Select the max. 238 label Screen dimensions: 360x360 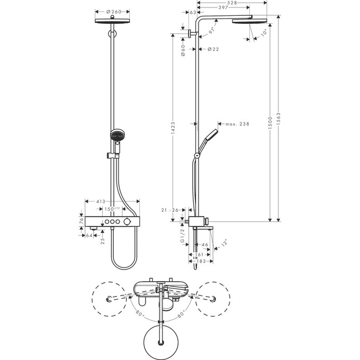point(237,124)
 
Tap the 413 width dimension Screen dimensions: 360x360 point(102,202)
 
